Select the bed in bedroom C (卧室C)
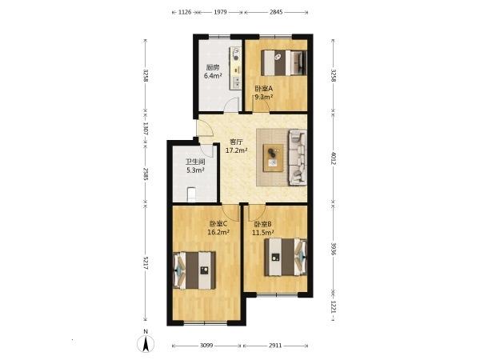pyautogui.click(x=195, y=270)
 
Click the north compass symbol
pyautogui.click(x=146, y=343)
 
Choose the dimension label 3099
pyautogui.click(x=207, y=345)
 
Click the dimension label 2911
pyautogui.click(x=275, y=345)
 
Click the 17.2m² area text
pyautogui.click(x=236, y=150)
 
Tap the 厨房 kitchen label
pyautogui.click(x=212, y=67)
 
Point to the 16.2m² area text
pyautogui.click(x=218, y=232)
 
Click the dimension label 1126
pyautogui.click(x=185, y=12)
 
